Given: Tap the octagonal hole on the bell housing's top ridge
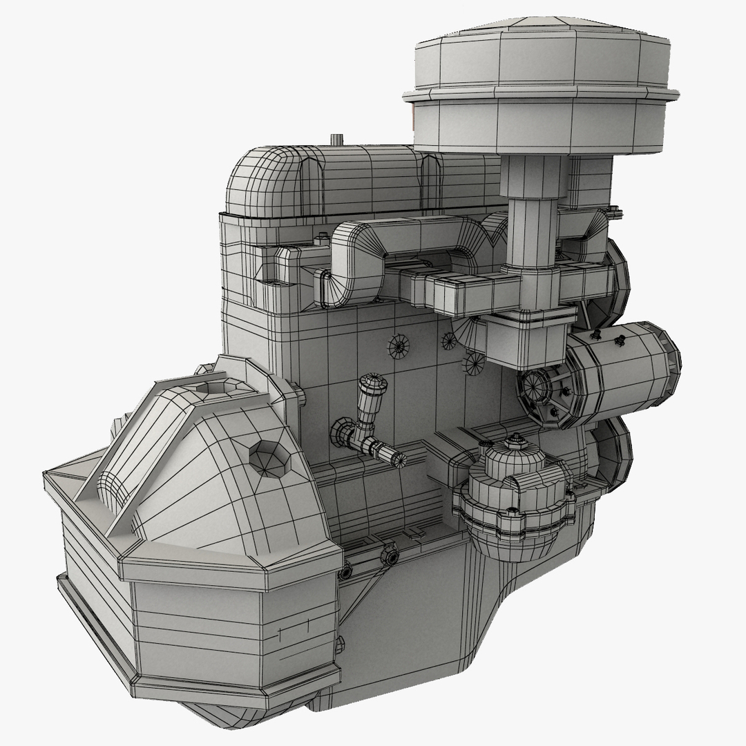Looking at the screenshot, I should tap(213, 387).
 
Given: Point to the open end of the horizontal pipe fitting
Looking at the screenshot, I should tap(399, 458).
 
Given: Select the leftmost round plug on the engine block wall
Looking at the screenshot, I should tap(399, 346).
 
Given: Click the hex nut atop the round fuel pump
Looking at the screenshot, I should tap(515, 439).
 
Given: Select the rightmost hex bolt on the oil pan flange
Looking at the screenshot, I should tap(390, 555).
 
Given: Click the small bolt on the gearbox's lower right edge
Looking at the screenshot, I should tap(339, 644).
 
